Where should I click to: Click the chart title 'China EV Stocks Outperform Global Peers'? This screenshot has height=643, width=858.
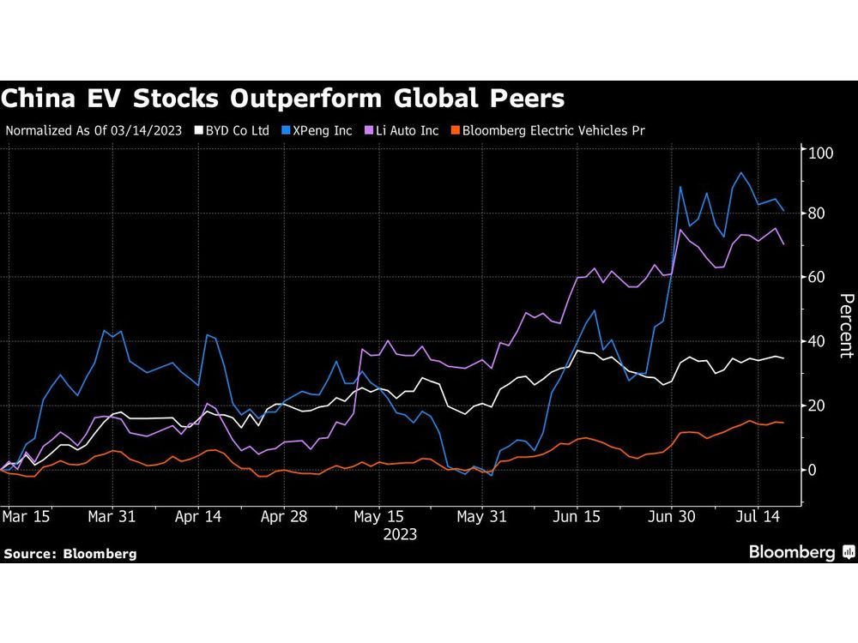coord(283,99)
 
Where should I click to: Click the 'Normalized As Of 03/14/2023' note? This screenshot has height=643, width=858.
coord(94,131)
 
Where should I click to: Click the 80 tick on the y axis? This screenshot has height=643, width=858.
coord(818,213)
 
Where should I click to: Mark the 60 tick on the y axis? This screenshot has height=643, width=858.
coord(818,277)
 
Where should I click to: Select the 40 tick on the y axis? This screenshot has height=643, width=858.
coord(818,341)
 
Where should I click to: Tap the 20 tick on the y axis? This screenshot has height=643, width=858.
coord(818,406)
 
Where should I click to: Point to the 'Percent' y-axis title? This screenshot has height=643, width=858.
coord(845,326)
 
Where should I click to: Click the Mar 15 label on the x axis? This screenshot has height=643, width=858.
coord(26,517)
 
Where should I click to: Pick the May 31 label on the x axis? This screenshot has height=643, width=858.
coord(481,517)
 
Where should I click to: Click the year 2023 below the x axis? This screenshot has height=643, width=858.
coord(400,534)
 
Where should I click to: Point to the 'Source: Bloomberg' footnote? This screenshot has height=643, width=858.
coord(69,554)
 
